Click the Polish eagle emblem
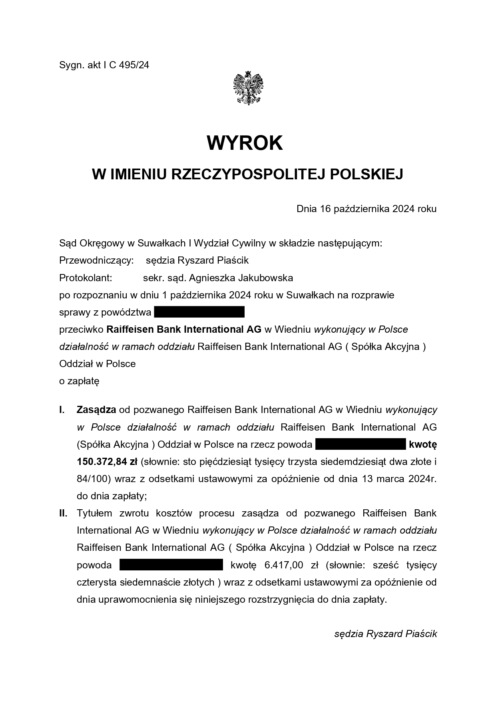248,88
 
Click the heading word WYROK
245,143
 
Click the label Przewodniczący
96,261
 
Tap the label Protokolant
86,278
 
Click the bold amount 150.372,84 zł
107,462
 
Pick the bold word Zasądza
96,410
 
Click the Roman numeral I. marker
62,410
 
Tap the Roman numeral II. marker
63,513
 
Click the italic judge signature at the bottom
385,634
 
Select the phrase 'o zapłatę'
79,381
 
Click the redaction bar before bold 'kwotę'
361,445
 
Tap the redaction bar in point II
171,565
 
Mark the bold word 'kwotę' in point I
423,445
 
